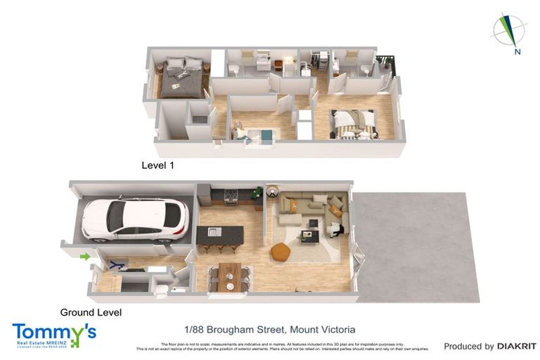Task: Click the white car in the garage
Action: click(x=134, y=219)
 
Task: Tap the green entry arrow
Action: click(x=86, y=257)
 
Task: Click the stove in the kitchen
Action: click(x=230, y=193)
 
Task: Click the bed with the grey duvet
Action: click(x=182, y=77)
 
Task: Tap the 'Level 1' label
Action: click(x=157, y=167)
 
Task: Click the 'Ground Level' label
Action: click(x=91, y=312)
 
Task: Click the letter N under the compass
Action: click(x=517, y=51)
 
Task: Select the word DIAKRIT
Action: click(x=516, y=346)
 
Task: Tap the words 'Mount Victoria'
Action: click(x=321, y=329)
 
